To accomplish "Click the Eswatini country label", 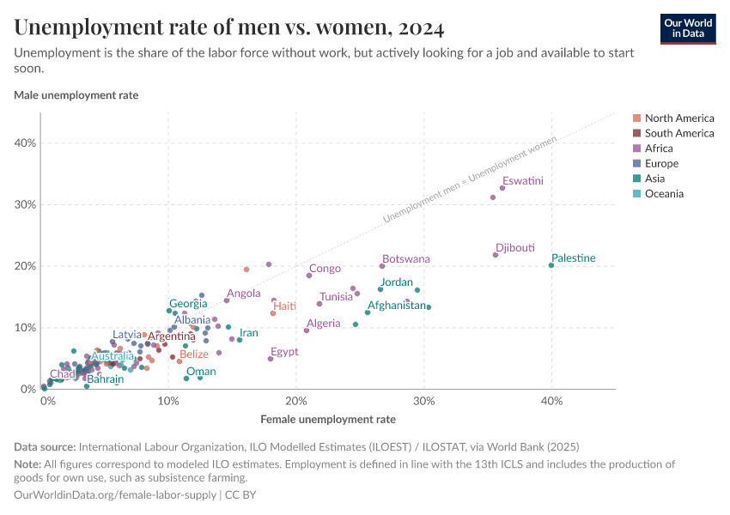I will pos(523,181).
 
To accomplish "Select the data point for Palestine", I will pos(551,265).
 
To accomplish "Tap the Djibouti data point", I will pos(496,255).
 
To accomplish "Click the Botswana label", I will pos(406,258).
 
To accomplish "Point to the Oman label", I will pos(201,372).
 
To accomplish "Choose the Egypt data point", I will pos(271,359).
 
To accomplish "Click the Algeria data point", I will pos(307,330).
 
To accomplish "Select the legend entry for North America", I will pos(679,118).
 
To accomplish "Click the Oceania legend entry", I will pos(664,194).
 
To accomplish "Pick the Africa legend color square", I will pos(636,148).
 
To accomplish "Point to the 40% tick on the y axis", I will pos(25,143).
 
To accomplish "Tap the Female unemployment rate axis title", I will pos(327,420).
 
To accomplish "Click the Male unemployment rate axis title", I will pos(76,95).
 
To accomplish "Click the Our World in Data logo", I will pos(688,27).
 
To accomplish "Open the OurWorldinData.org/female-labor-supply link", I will pos(115,495).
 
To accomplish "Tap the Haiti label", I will pos(284,306).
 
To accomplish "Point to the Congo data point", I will pos(309,276).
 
